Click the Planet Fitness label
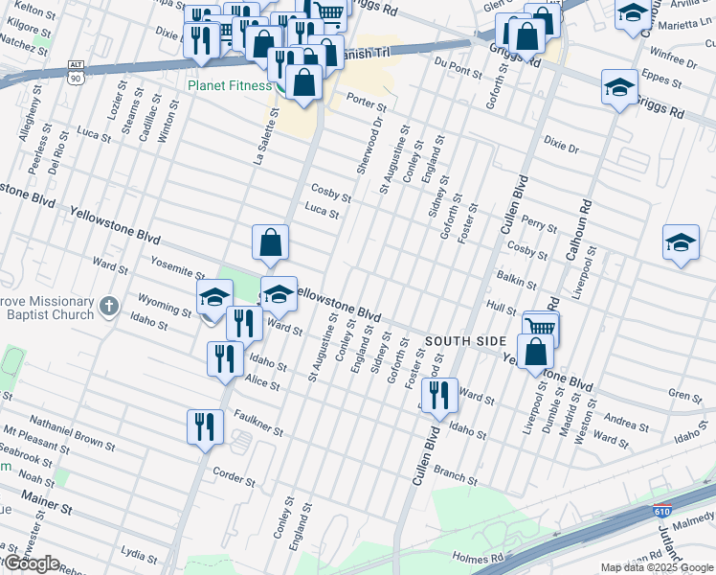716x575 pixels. [225, 83]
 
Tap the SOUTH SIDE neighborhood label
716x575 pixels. [465, 341]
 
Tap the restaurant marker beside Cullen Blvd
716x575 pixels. [438, 395]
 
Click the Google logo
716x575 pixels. [31, 563]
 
